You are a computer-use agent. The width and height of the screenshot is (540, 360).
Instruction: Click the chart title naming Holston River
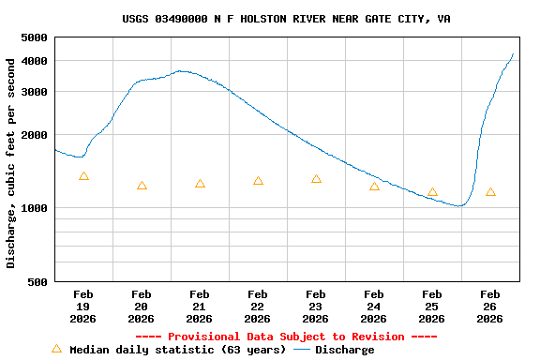pyautogui.click(x=286, y=19)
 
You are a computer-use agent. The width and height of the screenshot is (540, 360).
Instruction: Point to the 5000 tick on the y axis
pyautogui.click(x=35, y=37)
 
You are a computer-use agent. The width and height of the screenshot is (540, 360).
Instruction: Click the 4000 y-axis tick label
pyautogui.click(x=35, y=61)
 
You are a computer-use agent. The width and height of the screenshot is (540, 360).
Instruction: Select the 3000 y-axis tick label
pyautogui.click(x=35, y=92)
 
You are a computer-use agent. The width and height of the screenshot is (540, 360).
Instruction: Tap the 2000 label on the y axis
pyautogui.click(x=35, y=135)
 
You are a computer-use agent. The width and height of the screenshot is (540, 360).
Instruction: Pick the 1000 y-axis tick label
pyautogui.click(x=35, y=208)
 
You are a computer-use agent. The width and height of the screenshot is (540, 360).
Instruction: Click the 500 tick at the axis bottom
pyautogui.click(x=37, y=281)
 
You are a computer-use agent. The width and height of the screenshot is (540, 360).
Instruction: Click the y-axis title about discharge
pyautogui.click(x=11, y=163)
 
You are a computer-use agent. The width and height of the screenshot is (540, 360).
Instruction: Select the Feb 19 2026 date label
pyautogui.click(x=83, y=307)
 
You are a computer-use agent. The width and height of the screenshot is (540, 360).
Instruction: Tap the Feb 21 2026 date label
pyautogui.click(x=200, y=307)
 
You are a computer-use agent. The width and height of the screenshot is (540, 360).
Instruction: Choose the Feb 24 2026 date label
pyautogui.click(x=374, y=307)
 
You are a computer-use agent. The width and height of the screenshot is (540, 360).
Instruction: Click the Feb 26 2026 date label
pyautogui.click(x=490, y=307)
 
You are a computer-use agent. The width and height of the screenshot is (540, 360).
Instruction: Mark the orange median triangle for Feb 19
pyautogui.click(x=83, y=176)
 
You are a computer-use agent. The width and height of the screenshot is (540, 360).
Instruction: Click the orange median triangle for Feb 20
pyautogui.click(x=142, y=186)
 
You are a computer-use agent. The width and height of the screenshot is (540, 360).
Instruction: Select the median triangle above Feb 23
pyautogui.click(x=316, y=179)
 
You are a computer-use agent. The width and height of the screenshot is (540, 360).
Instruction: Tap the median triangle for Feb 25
pyautogui.click(x=432, y=192)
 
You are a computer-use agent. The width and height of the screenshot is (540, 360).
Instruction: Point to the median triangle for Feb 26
pyautogui.click(x=490, y=192)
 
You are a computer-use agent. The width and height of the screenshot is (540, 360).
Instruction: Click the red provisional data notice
pyautogui.click(x=286, y=337)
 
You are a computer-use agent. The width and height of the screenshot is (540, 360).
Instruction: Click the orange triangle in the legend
pyautogui.click(x=56, y=349)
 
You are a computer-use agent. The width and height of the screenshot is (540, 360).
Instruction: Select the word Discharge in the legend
pyautogui.click(x=344, y=350)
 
